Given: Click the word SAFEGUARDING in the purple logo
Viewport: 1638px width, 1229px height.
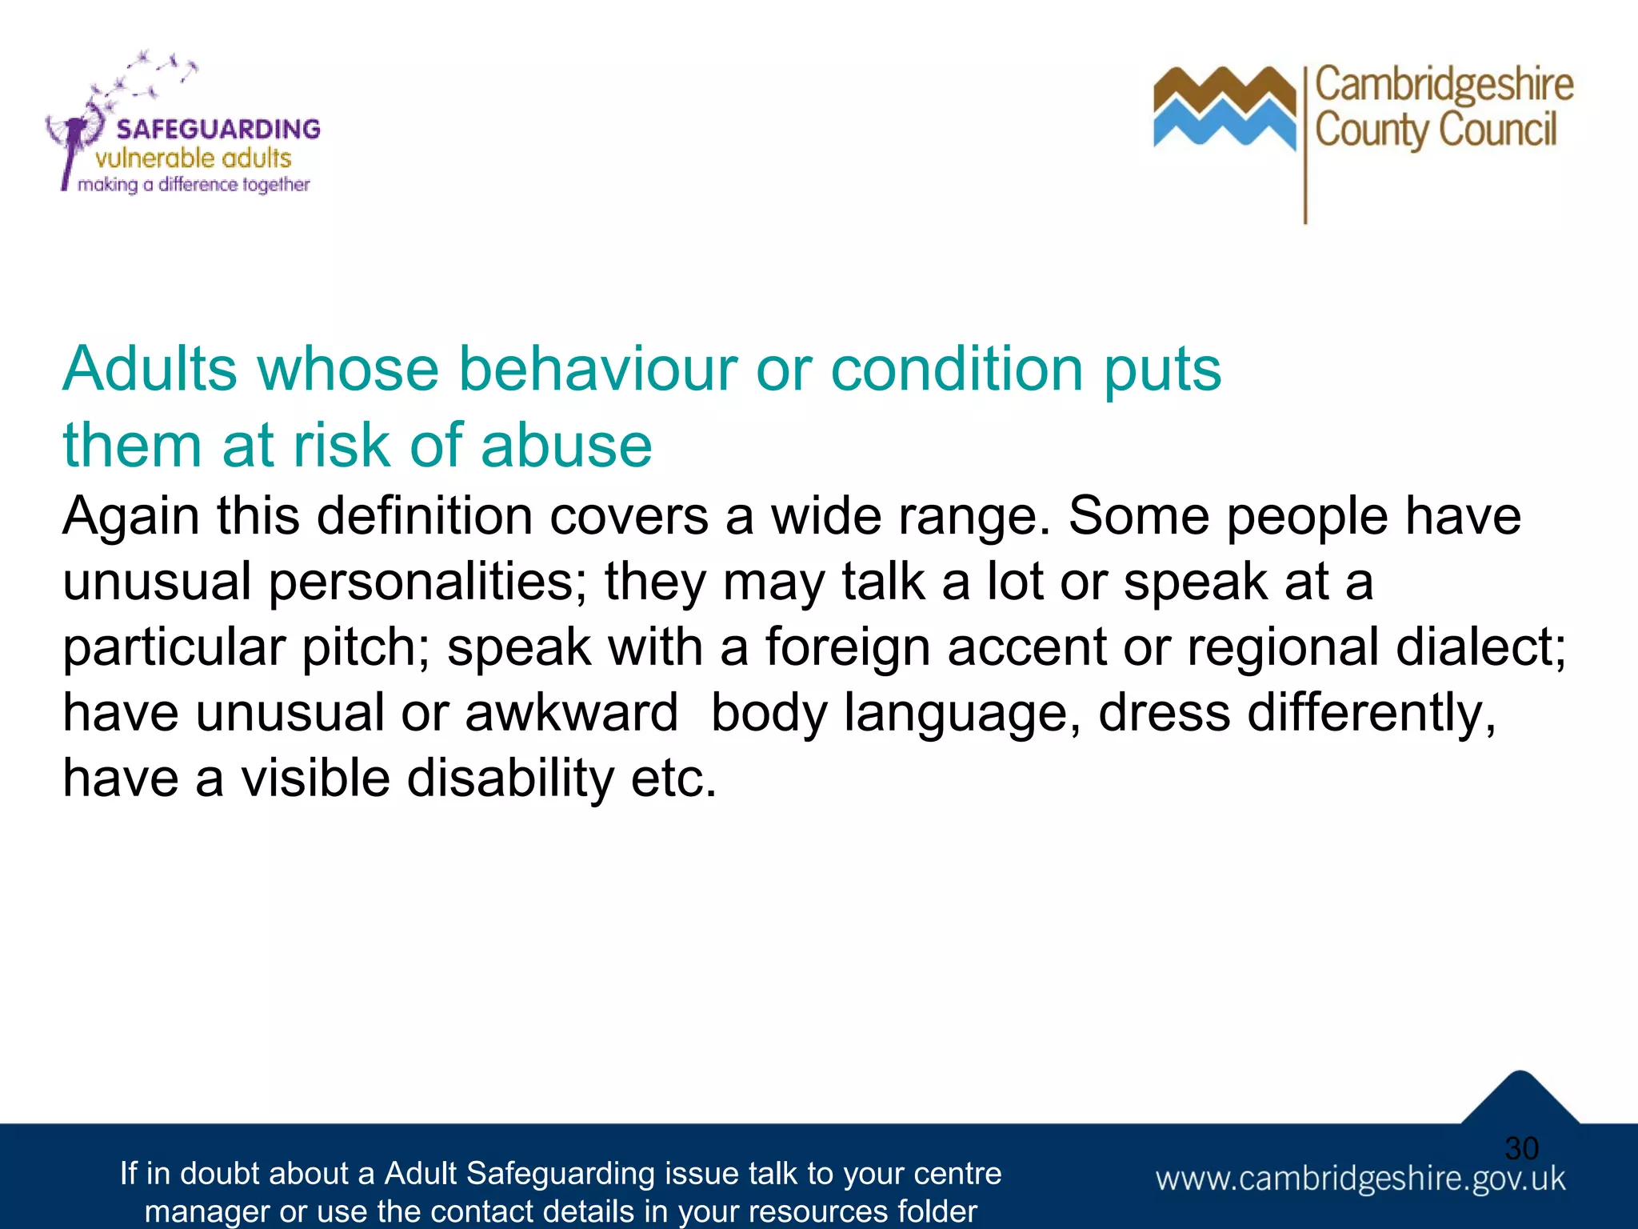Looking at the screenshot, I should pyautogui.click(x=218, y=129).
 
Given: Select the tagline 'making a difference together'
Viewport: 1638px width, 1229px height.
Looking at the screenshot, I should pyautogui.click(x=194, y=185).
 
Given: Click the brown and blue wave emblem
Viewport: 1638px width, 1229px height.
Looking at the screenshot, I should pyautogui.click(x=1224, y=108).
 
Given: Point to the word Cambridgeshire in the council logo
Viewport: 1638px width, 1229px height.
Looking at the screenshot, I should pyautogui.click(x=1444, y=85).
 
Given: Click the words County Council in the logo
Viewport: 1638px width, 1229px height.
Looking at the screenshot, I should pyautogui.click(x=1436, y=130).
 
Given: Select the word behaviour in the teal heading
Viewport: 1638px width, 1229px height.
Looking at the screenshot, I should pyautogui.click(x=597, y=370).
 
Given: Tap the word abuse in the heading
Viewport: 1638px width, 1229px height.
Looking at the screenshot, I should pyautogui.click(x=566, y=445).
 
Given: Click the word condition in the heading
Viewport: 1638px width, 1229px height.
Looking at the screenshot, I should pyautogui.click(x=957, y=370).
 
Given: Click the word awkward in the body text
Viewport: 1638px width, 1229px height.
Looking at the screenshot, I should pyautogui.click(x=571, y=712).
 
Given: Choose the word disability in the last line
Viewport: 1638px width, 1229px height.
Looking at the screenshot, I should pyautogui.click(x=509, y=778).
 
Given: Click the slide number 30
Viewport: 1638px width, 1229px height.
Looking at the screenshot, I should pyautogui.click(x=1521, y=1148).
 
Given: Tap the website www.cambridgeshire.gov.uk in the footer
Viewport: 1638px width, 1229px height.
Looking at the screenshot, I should pyautogui.click(x=1360, y=1179).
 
